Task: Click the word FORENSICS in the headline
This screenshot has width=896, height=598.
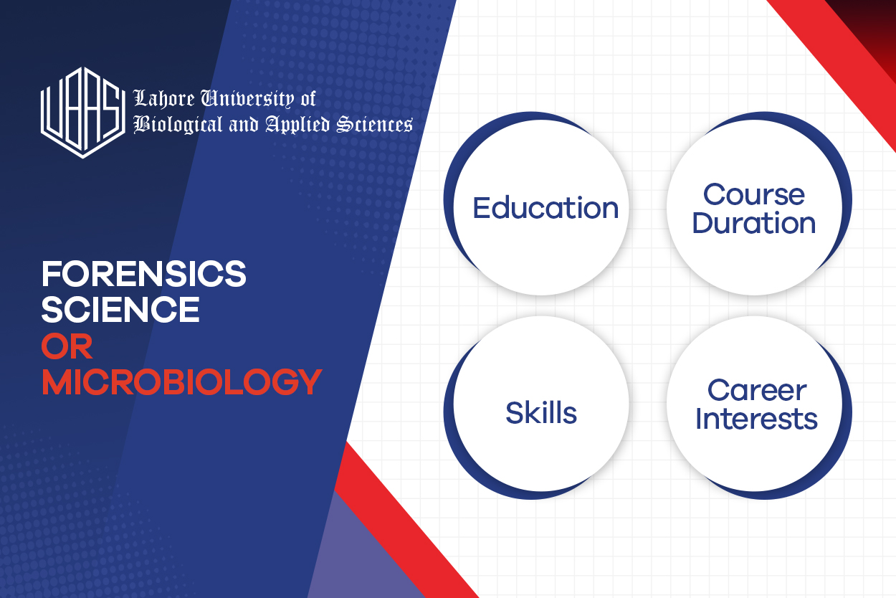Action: (x=143, y=274)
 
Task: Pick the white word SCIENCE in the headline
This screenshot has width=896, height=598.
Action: (x=120, y=310)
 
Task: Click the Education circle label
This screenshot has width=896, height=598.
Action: (x=545, y=208)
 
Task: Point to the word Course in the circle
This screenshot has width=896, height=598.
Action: (x=753, y=194)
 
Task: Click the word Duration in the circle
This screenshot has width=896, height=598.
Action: (x=753, y=223)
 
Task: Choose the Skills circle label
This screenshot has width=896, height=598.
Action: (x=541, y=413)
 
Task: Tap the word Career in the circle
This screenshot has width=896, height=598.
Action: (x=756, y=391)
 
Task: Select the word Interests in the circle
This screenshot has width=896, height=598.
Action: (x=756, y=419)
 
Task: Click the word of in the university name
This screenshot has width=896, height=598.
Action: (x=307, y=99)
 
